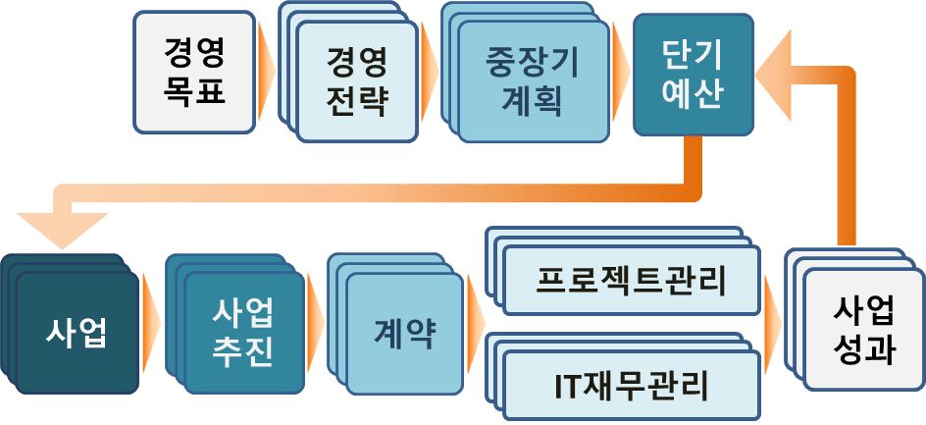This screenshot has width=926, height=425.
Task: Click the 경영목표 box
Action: [x=194, y=72]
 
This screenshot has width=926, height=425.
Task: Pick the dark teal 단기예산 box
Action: [x=694, y=75]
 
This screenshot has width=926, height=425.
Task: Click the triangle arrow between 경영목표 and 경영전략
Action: [x=267, y=72]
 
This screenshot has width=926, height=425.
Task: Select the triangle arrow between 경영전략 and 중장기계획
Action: [x=430, y=72]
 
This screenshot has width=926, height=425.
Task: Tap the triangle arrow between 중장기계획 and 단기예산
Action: [x=621, y=72]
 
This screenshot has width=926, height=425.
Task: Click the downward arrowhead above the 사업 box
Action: [x=62, y=231]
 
